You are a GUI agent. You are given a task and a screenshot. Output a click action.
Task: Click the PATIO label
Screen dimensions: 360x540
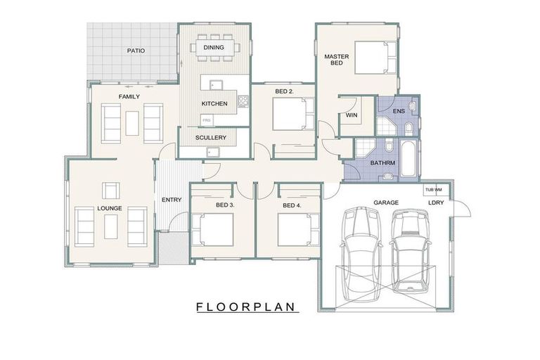coord(136,51)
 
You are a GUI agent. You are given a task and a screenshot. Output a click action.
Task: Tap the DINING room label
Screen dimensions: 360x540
coord(214,48)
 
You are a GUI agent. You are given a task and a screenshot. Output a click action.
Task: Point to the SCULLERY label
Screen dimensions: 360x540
coord(211,138)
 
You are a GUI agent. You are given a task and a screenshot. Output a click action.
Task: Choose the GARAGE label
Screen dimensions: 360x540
coord(386,202)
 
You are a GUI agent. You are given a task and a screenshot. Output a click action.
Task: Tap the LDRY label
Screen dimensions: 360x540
coord(437,203)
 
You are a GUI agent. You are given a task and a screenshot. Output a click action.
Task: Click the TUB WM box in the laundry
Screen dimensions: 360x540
coord(432,190)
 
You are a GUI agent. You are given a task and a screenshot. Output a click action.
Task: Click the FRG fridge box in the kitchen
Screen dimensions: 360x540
coord(207,122)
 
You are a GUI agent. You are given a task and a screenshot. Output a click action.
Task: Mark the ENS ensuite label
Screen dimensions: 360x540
coord(398,110)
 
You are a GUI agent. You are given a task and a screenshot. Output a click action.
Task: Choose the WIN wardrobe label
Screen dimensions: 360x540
coord(352,115)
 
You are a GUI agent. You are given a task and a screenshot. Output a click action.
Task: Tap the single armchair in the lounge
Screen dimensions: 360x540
coord(110,190)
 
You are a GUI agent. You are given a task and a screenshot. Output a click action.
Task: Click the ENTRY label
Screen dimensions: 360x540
coord(172,200)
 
